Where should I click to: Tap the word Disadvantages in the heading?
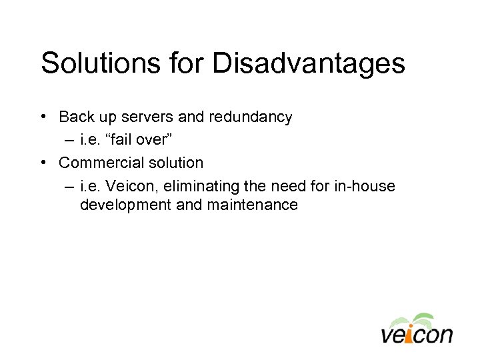click(309, 64)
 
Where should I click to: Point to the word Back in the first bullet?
click(77, 117)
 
